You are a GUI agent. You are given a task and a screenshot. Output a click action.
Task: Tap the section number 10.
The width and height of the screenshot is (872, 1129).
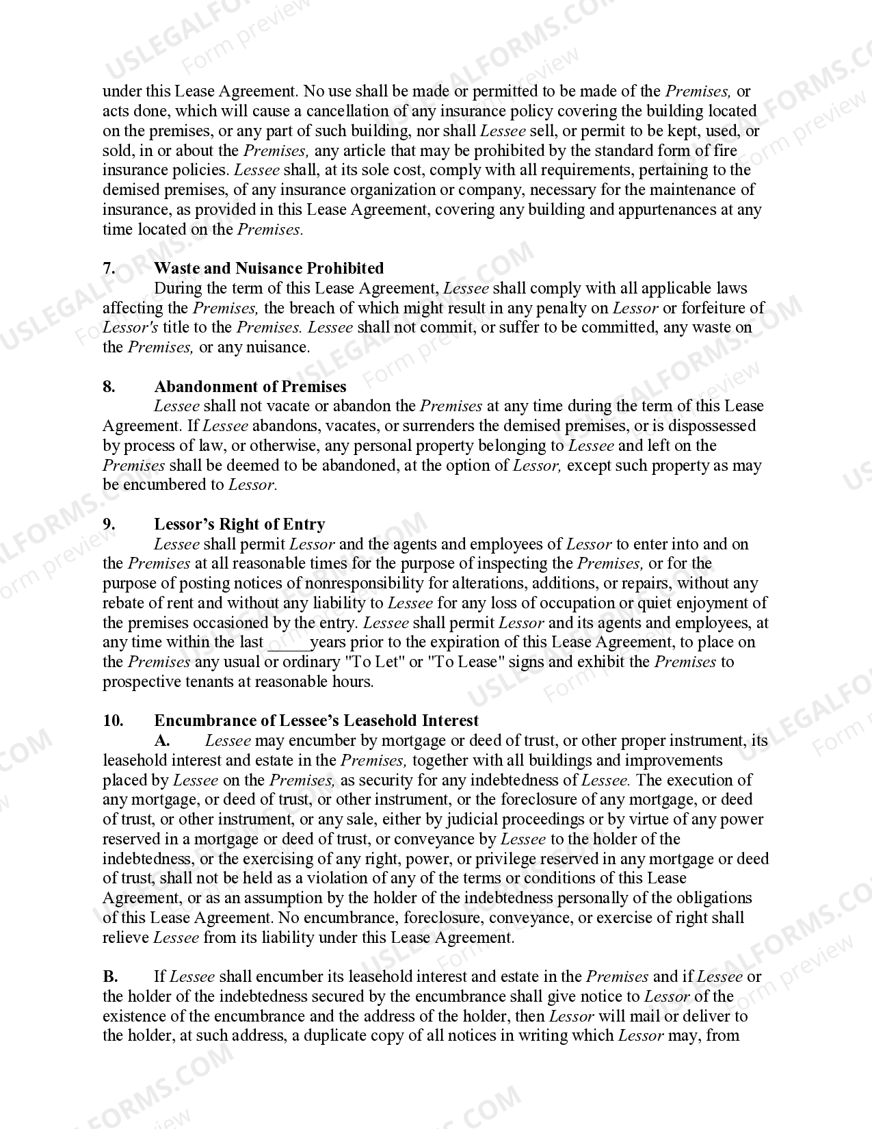[113, 721]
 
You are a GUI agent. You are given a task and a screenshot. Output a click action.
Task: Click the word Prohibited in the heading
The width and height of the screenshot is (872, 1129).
[345, 268]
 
